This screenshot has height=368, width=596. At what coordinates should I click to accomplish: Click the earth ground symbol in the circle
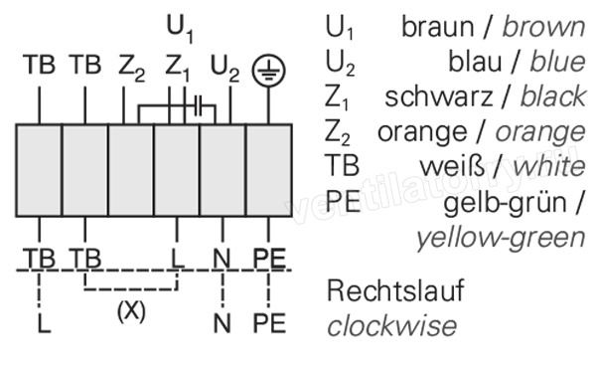(x=268, y=71)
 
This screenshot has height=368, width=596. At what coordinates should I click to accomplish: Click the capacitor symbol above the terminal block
(x=198, y=105)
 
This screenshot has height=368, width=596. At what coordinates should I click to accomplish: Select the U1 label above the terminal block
(x=180, y=29)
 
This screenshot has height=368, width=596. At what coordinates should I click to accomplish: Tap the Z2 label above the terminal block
(x=131, y=69)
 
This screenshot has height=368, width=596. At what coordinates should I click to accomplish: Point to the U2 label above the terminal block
(x=224, y=69)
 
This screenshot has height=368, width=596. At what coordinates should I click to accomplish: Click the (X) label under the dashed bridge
(x=131, y=311)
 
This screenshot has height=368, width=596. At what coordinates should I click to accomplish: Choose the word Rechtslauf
(x=395, y=290)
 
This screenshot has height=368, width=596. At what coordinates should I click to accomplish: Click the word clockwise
(x=392, y=326)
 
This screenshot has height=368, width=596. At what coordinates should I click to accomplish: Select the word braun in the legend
(x=438, y=27)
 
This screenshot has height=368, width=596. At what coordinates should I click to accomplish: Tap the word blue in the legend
(x=558, y=62)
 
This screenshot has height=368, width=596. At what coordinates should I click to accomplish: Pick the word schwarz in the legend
(x=438, y=96)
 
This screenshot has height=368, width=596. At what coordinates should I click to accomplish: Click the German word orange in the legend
(x=422, y=132)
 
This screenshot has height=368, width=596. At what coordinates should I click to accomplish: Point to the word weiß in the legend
(x=452, y=166)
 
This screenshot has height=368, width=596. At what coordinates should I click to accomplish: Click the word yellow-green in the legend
(x=501, y=238)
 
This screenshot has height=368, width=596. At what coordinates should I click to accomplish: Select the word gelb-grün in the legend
(x=506, y=204)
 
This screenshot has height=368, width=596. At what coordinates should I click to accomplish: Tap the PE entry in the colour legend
(x=343, y=201)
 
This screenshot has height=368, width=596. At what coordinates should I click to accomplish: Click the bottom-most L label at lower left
(x=44, y=324)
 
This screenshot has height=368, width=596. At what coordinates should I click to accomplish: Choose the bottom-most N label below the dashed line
(x=223, y=324)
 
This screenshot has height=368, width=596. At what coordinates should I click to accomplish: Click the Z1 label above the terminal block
(x=177, y=69)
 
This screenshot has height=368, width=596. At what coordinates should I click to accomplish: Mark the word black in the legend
(x=553, y=96)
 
